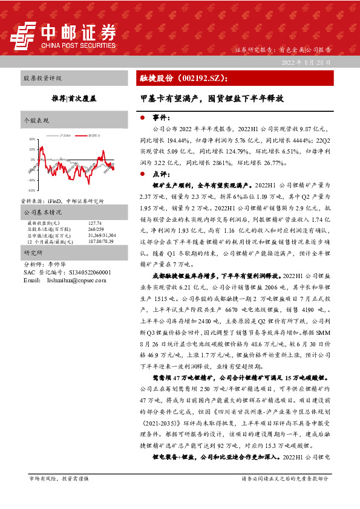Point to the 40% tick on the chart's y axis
(31, 138)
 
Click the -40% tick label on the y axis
(31, 180)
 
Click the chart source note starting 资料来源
(62, 201)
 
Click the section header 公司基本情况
(42, 213)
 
